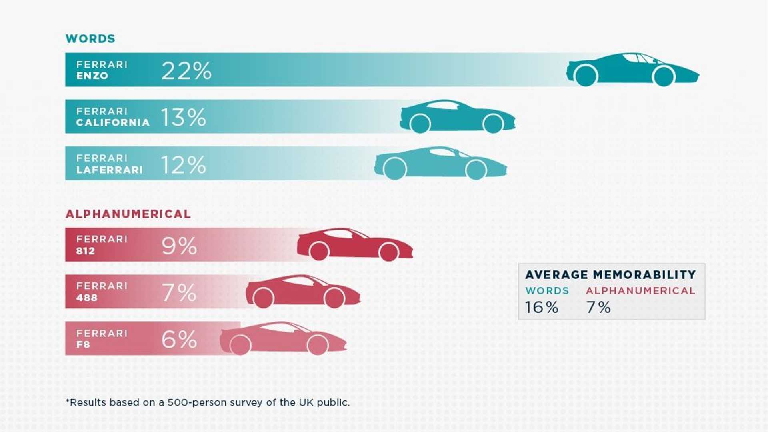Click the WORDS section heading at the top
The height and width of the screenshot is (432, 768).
[90, 39]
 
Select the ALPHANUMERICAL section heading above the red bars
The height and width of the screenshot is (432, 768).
[128, 214]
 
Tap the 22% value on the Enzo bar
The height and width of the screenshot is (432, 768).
[186, 71]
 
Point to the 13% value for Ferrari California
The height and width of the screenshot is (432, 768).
[183, 118]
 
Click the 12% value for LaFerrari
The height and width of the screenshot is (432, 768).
[183, 165]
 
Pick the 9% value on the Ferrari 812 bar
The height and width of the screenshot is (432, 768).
[179, 246]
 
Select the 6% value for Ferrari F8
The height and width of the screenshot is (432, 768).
[179, 339]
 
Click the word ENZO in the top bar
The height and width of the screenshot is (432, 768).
[92, 76]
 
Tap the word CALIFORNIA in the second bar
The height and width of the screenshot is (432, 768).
[113, 122]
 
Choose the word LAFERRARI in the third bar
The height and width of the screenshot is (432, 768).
[109, 170]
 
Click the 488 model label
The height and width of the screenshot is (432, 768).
[87, 298]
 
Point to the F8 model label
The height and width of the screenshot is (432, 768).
[83, 344]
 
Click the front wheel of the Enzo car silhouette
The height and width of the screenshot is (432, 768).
[664, 76]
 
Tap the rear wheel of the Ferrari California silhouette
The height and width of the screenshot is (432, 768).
[420, 124]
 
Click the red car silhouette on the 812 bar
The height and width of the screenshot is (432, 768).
[354, 244]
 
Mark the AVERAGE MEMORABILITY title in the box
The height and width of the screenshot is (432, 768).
[610, 275]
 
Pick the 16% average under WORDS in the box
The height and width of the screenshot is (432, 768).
[542, 307]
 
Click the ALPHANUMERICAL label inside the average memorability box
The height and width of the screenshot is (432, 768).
[640, 291]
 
